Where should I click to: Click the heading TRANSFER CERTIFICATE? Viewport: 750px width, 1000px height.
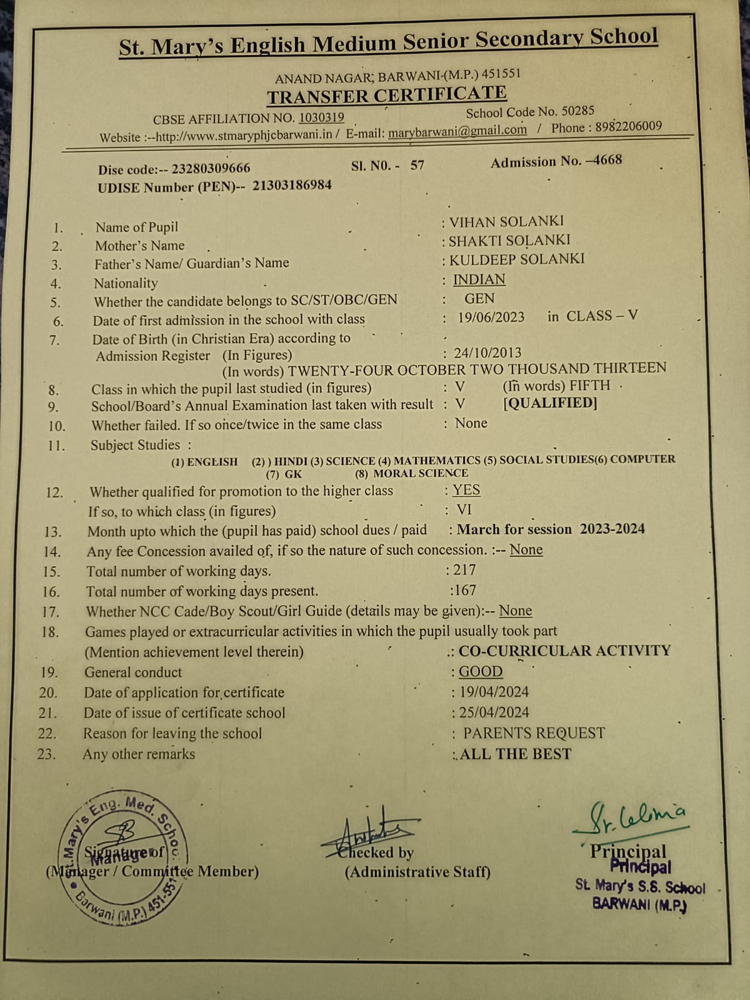point(387,96)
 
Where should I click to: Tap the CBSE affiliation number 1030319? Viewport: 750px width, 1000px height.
point(321,117)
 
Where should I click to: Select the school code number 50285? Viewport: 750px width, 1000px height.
point(577,111)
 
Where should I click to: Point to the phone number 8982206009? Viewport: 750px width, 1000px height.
point(628,126)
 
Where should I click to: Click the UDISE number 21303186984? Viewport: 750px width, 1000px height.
point(292,186)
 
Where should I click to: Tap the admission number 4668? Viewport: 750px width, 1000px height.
point(607,160)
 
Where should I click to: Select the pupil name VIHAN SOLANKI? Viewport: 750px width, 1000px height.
point(506,222)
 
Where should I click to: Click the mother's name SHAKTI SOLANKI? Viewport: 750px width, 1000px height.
point(509,241)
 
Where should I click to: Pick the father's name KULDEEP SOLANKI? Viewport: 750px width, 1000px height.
point(517,259)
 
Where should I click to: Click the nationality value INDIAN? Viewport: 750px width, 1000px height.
point(479,279)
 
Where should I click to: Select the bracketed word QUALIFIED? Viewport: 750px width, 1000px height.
point(550,404)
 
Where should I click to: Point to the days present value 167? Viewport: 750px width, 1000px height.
point(464,591)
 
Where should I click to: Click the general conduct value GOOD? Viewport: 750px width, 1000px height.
point(480,672)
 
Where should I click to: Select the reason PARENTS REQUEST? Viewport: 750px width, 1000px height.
point(534,733)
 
